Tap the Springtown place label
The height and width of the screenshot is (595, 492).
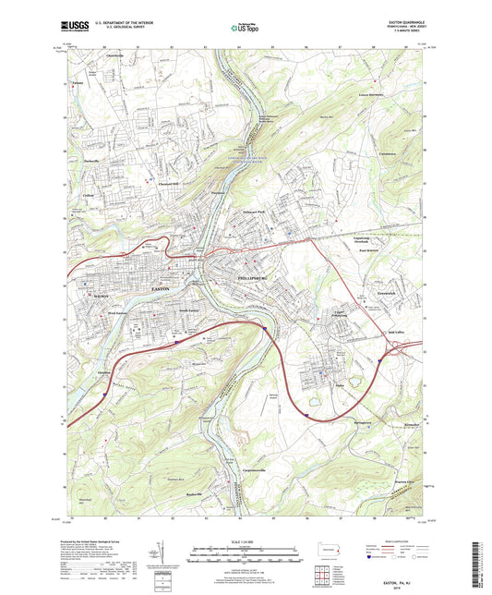(361, 424)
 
